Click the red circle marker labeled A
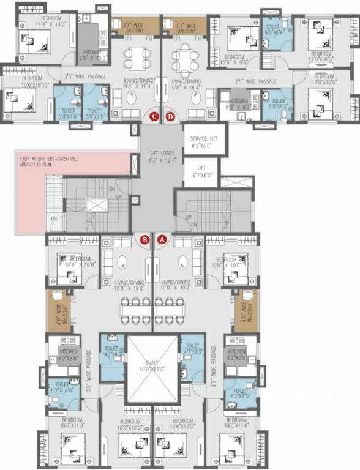point(162,241)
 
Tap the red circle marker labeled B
point(145,241)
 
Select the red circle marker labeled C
point(154,116)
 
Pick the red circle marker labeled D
point(171,116)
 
